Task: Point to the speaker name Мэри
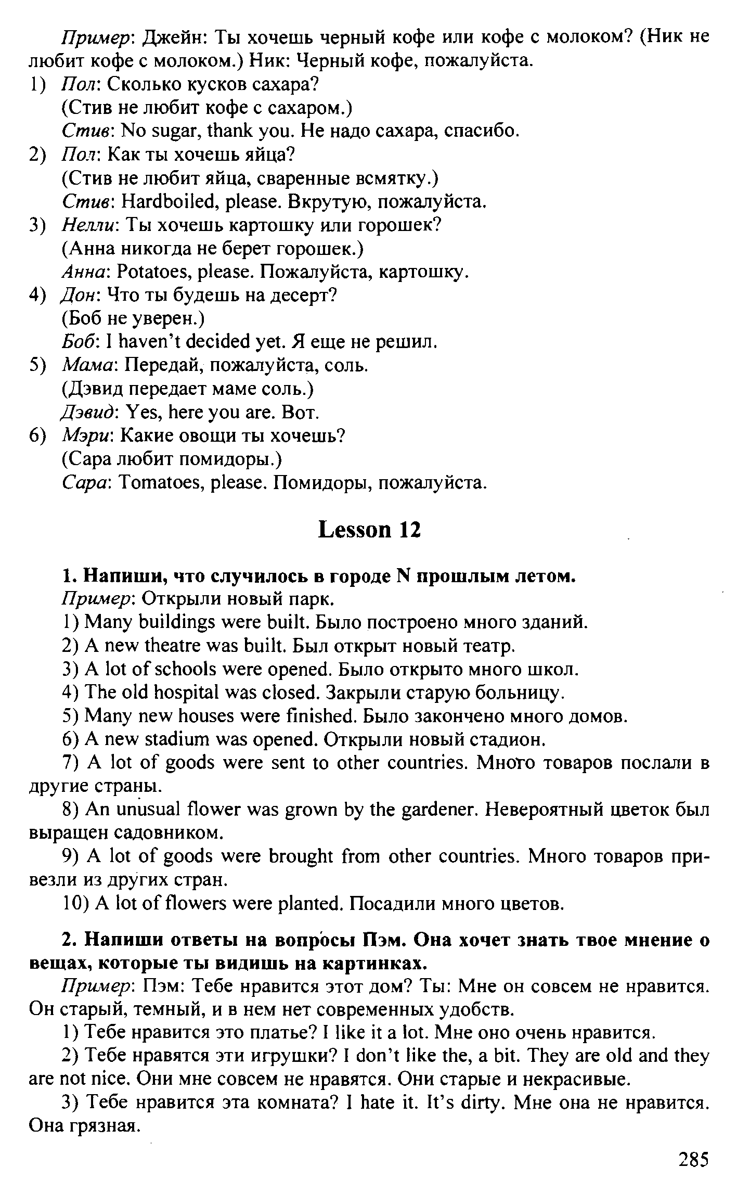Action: [x=87, y=436]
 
